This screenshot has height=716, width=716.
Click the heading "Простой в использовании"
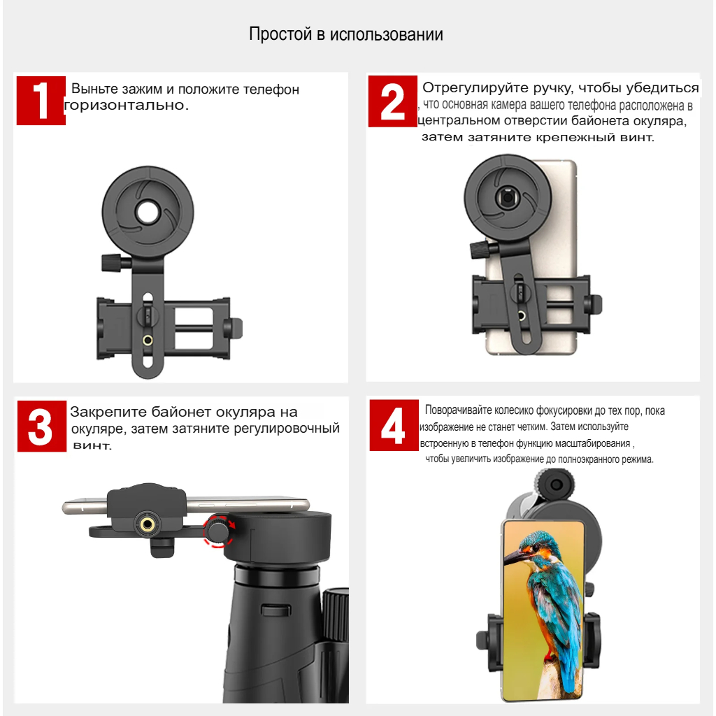point(346,34)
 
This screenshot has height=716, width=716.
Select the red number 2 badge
point(392,101)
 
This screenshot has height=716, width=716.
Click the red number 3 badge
point(41,427)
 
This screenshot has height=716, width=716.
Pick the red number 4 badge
point(392,427)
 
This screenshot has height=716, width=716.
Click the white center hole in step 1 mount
point(148,211)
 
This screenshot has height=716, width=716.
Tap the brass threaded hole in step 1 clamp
point(148,341)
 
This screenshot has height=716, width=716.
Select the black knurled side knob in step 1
point(112,263)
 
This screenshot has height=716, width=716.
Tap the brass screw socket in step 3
point(147,523)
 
